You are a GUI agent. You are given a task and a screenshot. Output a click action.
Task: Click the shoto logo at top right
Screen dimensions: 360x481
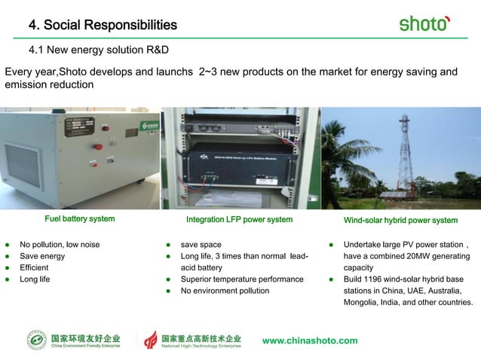[x=424, y=23]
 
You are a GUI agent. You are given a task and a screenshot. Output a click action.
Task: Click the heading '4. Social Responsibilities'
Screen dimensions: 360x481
[x=103, y=26]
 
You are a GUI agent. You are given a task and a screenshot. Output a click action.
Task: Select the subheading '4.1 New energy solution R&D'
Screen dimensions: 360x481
[x=98, y=50]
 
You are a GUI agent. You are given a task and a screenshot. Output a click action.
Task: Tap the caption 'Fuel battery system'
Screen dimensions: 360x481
[x=79, y=219]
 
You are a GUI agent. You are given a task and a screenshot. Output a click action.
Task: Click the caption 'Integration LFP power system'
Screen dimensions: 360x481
[x=239, y=220]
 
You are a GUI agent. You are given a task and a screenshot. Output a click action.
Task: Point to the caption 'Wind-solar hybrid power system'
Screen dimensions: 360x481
[x=400, y=220]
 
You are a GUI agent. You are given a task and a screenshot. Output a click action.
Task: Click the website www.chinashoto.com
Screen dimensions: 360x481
[x=310, y=340]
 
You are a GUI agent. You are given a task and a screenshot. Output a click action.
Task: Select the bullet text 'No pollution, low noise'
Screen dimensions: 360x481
[x=60, y=245]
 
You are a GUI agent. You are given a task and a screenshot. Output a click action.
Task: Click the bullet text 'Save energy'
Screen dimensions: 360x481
[x=42, y=256]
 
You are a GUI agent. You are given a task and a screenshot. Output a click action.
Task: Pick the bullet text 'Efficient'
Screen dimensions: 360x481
[x=35, y=267]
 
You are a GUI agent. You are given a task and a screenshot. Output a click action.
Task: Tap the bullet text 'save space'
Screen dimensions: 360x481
[x=201, y=245]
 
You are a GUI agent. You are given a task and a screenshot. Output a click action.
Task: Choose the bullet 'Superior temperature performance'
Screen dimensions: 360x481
[x=241, y=279]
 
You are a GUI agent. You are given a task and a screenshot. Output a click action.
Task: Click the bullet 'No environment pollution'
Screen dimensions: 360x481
[x=225, y=291]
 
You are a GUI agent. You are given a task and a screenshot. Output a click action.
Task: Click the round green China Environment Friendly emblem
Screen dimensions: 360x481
[x=36, y=340]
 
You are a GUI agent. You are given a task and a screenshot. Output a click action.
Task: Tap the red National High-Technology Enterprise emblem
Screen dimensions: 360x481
[x=151, y=340]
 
